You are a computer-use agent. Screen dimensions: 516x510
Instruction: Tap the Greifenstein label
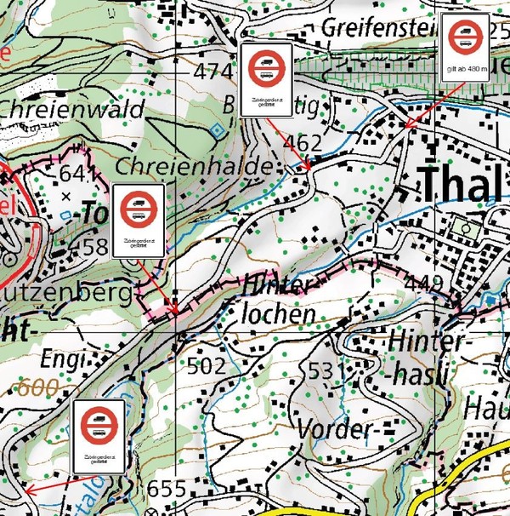coord(379,27)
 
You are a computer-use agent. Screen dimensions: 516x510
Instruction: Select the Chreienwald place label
coord(71,108)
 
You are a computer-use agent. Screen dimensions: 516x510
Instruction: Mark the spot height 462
coord(303,142)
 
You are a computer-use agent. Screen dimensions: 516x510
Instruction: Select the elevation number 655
coord(166,489)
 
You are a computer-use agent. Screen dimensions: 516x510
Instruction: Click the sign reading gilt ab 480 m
coord(465,48)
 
